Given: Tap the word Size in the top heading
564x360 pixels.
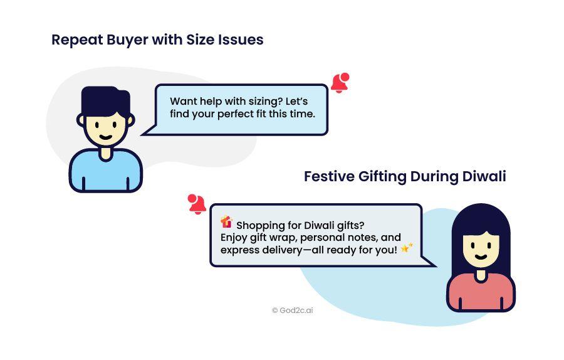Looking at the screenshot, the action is pyautogui.click(x=201, y=40).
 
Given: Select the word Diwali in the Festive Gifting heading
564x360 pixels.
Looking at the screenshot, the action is pyautogui.click(x=484, y=176).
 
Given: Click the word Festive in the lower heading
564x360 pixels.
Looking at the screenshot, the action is pyautogui.click(x=330, y=176).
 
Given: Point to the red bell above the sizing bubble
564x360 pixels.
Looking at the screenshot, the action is pyautogui.click(x=340, y=83).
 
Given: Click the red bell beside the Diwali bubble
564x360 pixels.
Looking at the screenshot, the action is pyautogui.click(x=197, y=204).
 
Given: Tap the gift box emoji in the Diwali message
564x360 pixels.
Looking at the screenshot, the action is pyautogui.click(x=227, y=222).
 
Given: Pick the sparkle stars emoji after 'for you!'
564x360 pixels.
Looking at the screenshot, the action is pyautogui.click(x=407, y=248).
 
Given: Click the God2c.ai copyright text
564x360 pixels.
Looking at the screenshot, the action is pyautogui.click(x=293, y=310).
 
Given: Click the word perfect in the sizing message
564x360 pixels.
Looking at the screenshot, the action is pyautogui.click(x=236, y=114).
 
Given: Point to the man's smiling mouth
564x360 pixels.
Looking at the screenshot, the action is pyautogui.click(x=105, y=137).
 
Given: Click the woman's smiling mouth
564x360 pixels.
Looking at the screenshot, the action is pyautogui.click(x=481, y=257).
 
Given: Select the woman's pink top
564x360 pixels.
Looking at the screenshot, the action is pyautogui.click(x=481, y=292).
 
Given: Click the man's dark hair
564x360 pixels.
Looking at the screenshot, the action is pyautogui.click(x=106, y=101).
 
